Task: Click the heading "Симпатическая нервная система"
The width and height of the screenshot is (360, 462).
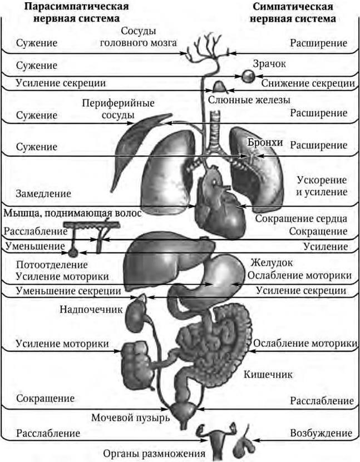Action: point(293,12)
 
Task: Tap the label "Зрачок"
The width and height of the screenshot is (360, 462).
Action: point(269,64)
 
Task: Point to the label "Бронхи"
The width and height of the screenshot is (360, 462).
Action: point(266,143)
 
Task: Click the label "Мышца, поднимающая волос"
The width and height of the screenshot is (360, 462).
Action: point(72,213)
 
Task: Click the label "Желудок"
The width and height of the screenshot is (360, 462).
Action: point(272,262)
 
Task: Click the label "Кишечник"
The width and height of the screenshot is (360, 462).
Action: point(268,374)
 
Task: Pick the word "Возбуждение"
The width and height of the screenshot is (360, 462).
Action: point(321,433)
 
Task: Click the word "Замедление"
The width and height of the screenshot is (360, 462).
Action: point(43,194)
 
